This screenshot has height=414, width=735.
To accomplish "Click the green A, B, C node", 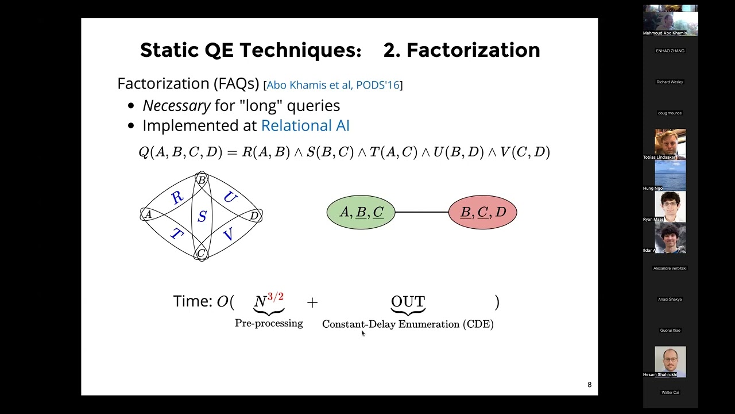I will [x=361, y=212].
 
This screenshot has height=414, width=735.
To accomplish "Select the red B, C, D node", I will [x=482, y=212].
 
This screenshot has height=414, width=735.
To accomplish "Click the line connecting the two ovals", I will [x=421, y=212].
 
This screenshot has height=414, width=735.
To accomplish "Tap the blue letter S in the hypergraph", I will [x=202, y=217].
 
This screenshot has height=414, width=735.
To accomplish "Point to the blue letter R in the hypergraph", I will [x=177, y=198].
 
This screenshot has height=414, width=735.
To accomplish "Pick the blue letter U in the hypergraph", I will [x=230, y=198].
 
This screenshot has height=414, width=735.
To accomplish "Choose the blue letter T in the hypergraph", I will [x=176, y=234].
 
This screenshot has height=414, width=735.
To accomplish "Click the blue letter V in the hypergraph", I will [x=228, y=234].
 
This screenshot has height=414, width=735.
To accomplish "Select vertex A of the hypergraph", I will [x=148, y=214].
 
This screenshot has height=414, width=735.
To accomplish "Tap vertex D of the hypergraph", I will [x=254, y=216].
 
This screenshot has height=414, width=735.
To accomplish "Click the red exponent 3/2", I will [x=275, y=297].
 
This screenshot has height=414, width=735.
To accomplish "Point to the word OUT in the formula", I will [x=408, y=302].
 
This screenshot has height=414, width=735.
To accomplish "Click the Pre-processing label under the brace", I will [x=269, y=323].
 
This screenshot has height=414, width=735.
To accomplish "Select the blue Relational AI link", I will [x=305, y=126].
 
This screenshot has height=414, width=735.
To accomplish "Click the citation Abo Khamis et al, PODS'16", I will [x=332, y=85].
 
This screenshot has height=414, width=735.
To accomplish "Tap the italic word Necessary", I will [x=176, y=106].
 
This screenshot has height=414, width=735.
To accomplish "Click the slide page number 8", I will [x=589, y=385].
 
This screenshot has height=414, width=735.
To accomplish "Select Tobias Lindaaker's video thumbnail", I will [x=670, y=142].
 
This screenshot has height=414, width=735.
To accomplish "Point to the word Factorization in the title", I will [x=473, y=51].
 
